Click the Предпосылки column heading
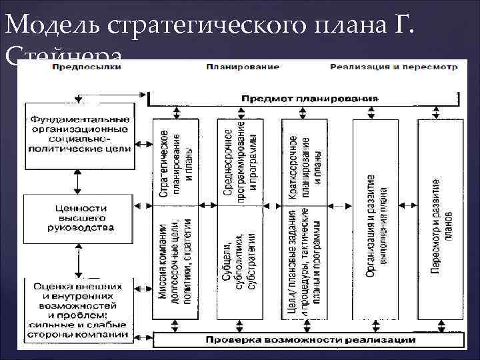coord(86,68)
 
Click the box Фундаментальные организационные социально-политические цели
coord(79,134)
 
